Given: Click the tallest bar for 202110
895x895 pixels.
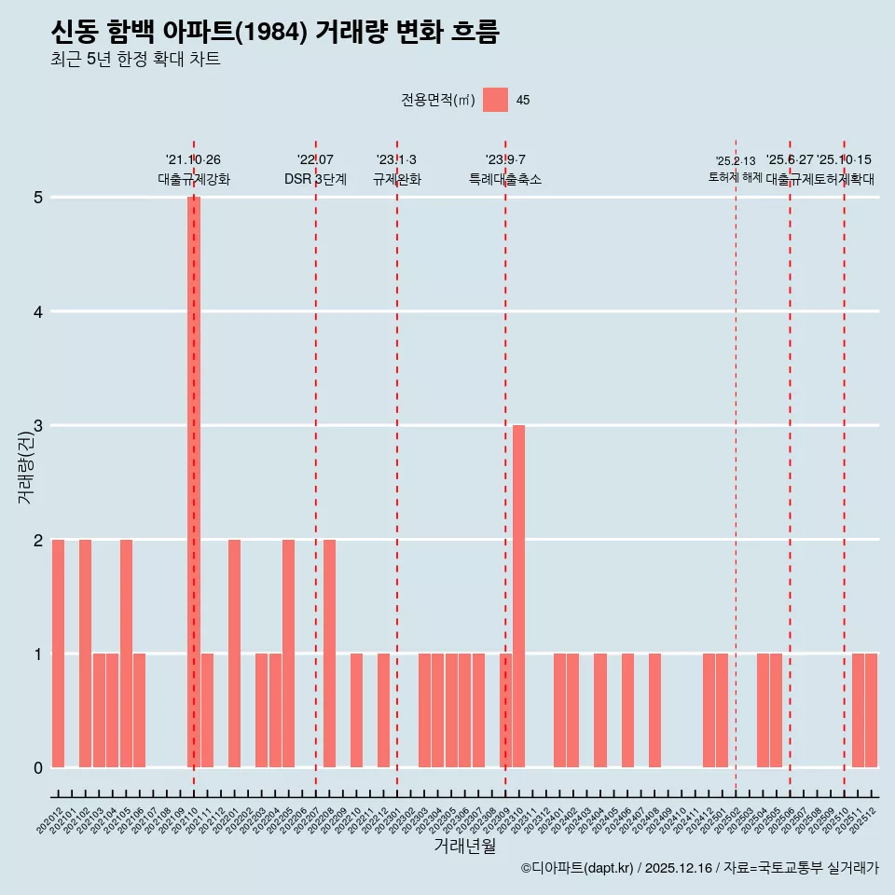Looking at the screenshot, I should (x=194, y=482).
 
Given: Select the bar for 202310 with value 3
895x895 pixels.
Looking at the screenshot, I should (x=518, y=597).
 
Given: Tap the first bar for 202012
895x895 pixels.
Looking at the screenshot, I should (x=58, y=654).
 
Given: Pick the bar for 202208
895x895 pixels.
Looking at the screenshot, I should (x=329, y=654).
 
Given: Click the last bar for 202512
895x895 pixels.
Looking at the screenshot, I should (x=871, y=710).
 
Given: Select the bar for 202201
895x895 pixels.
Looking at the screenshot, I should (x=234, y=654).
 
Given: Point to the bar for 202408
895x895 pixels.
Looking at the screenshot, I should (x=654, y=710).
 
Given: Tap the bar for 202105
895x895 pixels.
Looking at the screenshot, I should (x=126, y=654).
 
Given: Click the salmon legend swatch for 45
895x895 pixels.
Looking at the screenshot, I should (x=496, y=100).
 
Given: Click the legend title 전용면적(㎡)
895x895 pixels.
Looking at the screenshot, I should (x=437, y=101).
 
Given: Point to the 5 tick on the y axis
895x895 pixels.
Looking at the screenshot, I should (x=38, y=198).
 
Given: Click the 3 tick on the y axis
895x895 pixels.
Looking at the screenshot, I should (x=38, y=426).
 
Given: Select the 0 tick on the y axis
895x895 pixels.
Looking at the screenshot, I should (x=38, y=768).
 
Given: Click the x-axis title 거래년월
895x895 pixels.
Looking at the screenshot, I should (x=464, y=846).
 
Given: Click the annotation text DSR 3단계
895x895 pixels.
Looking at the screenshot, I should (x=315, y=179).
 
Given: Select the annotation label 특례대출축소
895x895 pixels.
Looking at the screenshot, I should (x=504, y=179).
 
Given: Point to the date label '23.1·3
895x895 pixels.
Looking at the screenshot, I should (x=396, y=159).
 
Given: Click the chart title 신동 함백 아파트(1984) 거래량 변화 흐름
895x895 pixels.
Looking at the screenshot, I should (x=275, y=33).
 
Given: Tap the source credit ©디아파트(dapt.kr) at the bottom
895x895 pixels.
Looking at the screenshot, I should (x=578, y=868).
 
